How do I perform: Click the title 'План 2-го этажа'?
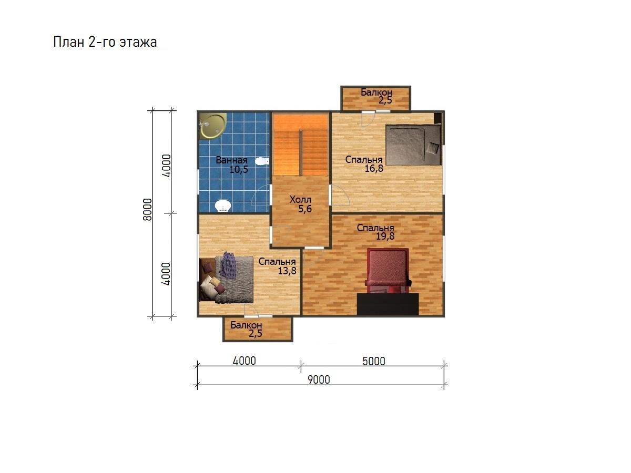(x=105, y=42)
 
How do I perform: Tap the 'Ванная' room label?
(x=231, y=160)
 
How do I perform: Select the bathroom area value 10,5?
(x=239, y=169)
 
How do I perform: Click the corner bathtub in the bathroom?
(x=213, y=126)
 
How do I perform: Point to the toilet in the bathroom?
(x=262, y=161)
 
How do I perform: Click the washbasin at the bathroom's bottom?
(x=223, y=206)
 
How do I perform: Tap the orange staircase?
(x=300, y=145)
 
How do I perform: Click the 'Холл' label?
(x=300, y=199)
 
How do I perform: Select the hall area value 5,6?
(x=304, y=209)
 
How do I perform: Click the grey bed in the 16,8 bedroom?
(x=413, y=145)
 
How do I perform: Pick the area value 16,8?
(x=374, y=168)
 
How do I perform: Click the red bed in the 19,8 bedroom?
(x=388, y=271)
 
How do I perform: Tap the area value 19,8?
(x=385, y=236)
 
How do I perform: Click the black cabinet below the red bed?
(x=388, y=304)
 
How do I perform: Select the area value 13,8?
(x=287, y=271)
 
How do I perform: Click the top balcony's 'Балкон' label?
(x=376, y=92)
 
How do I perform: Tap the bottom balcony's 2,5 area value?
(x=255, y=333)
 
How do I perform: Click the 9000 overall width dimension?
(x=319, y=379)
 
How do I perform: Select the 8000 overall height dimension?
(x=147, y=209)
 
